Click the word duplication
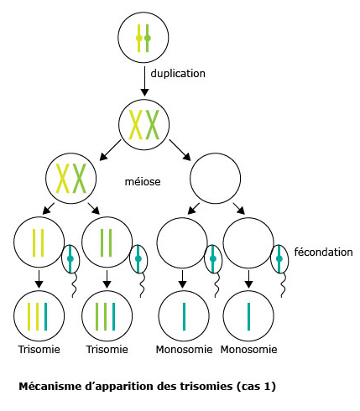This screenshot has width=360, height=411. pos(178,74)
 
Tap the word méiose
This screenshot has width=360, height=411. pos(143,182)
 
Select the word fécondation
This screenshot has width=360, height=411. pos(323,252)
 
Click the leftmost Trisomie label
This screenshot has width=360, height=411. pos(39,350)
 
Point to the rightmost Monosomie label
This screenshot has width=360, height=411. pos(248,350)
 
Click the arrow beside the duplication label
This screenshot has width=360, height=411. pos(144,81)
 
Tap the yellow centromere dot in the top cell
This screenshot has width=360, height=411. pos(139,38)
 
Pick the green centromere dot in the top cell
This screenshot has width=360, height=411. pos(148,38)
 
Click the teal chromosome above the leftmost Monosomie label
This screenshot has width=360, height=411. pos(184,316)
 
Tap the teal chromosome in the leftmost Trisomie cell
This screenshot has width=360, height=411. pos(45,316)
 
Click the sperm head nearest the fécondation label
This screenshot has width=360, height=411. pos(279,258)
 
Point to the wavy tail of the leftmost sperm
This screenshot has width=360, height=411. pos(74,285)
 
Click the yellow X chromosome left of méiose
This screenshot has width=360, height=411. pos(63,179)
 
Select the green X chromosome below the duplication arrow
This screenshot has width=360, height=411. pos(153,124)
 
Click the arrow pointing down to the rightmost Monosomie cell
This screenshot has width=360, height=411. pos(248,279)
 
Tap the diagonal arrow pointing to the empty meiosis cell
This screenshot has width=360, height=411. pos(180,150)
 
